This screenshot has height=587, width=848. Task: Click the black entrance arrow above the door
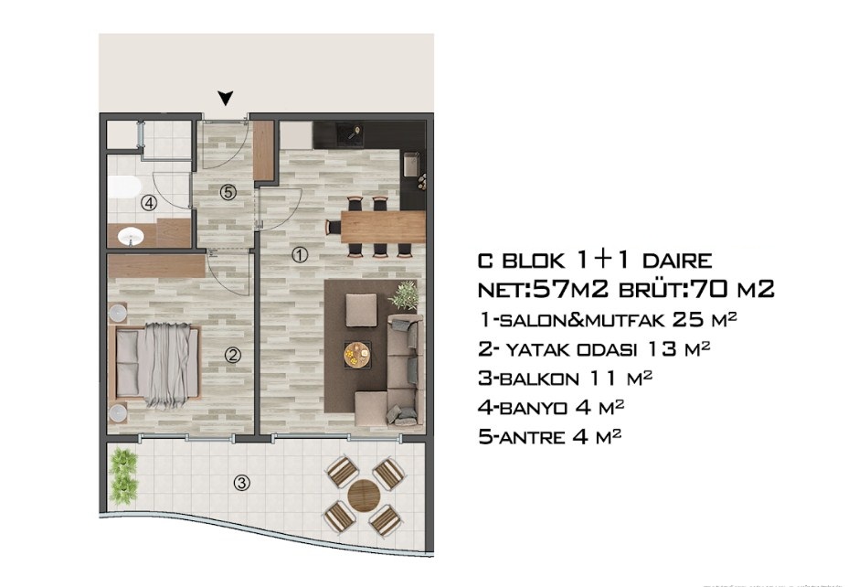(x=226, y=98)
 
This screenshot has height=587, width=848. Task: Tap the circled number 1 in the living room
(x=299, y=255)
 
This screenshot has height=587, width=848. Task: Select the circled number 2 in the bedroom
(x=233, y=356)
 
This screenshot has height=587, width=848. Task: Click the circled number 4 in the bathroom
(x=149, y=203)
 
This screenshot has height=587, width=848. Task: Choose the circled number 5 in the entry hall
(x=228, y=191)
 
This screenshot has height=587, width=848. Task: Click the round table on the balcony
(x=364, y=495)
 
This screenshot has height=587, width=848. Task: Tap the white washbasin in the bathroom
(x=131, y=236)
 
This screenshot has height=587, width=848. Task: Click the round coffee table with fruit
(x=357, y=355)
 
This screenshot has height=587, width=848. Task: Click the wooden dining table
(x=382, y=227)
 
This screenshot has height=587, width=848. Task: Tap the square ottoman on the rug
(x=361, y=311)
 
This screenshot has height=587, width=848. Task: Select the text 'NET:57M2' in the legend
(x=544, y=290)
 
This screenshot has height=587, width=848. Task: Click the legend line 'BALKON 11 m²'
(x=565, y=378)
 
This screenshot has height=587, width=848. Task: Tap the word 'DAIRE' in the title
(x=677, y=261)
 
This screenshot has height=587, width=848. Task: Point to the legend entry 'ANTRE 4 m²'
(x=549, y=436)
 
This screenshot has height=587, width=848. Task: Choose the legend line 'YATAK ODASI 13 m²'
(x=594, y=349)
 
